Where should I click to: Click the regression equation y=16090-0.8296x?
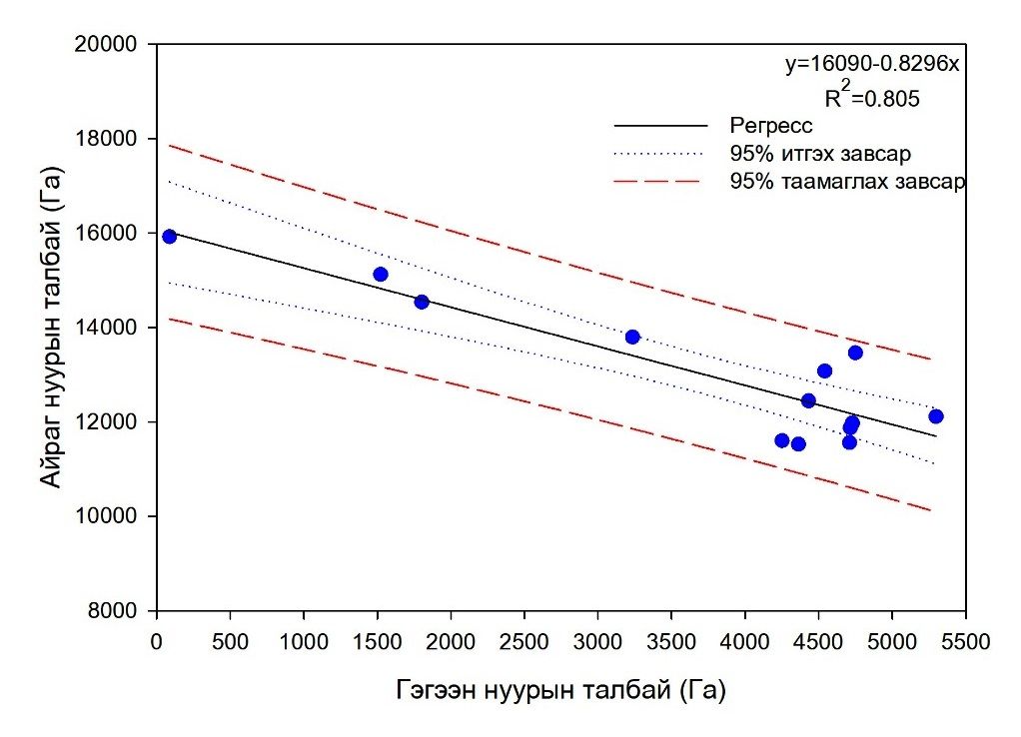click(x=872, y=65)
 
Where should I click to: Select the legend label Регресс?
click(x=771, y=126)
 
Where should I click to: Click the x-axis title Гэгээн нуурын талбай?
click(x=560, y=689)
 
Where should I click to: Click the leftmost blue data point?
click(x=169, y=237)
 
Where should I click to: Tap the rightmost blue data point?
click(x=935, y=416)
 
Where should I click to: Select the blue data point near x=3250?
click(x=632, y=337)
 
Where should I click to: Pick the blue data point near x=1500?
click(x=380, y=274)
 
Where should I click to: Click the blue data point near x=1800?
click(x=422, y=302)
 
